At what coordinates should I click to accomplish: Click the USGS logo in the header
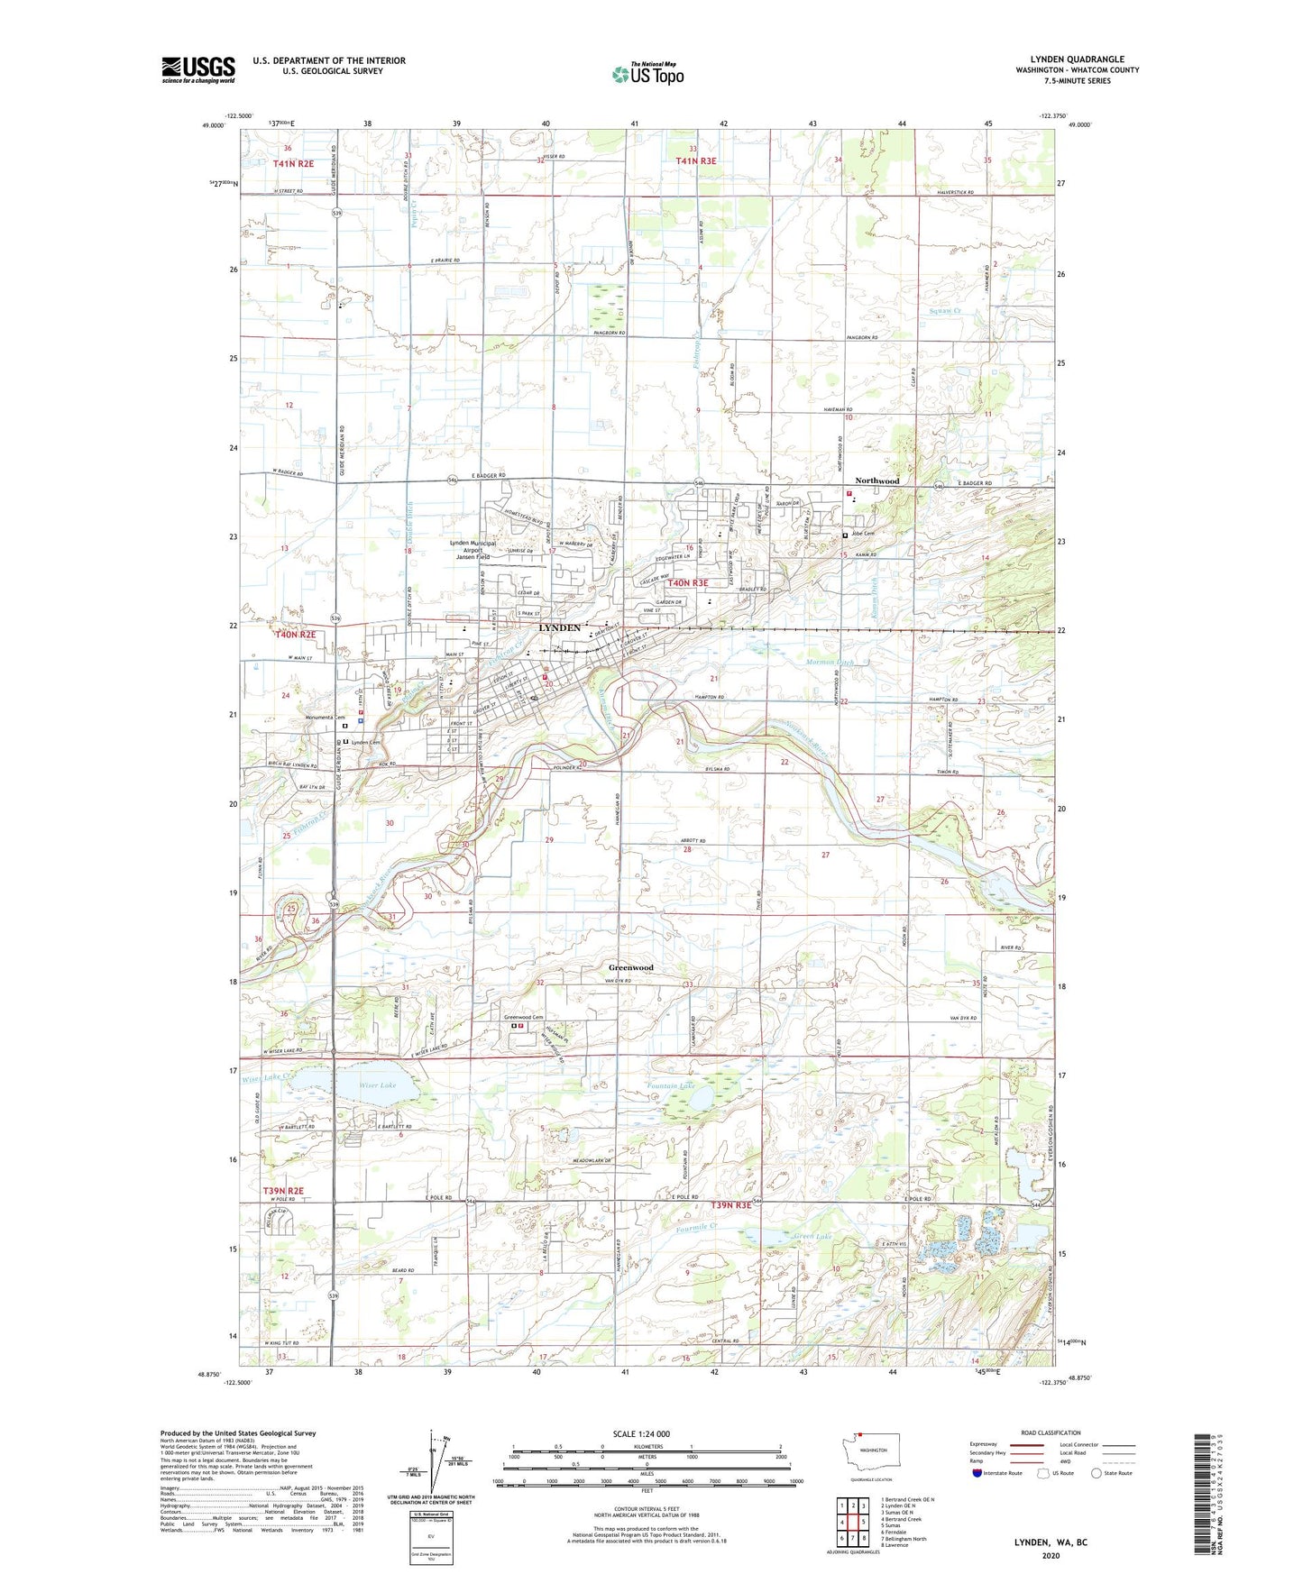pyautogui.click(x=197, y=69)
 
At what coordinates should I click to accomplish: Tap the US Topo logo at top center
pyautogui.click(x=647, y=74)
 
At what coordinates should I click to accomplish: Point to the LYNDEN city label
pyautogui.click(x=559, y=627)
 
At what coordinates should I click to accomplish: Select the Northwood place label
pyautogui.click(x=876, y=481)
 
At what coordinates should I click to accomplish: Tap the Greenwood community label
pyautogui.click(x=630, y=967)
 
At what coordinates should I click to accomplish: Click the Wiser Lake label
pyautogui.click(x=377, y=1085)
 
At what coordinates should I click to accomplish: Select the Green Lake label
pyautogui.click(x=812, y=1236)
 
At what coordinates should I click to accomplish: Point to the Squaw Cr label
pyautogui.click(x=945, y=311)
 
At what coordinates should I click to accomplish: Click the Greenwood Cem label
pyautogui.click(x=524, y=1017)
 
